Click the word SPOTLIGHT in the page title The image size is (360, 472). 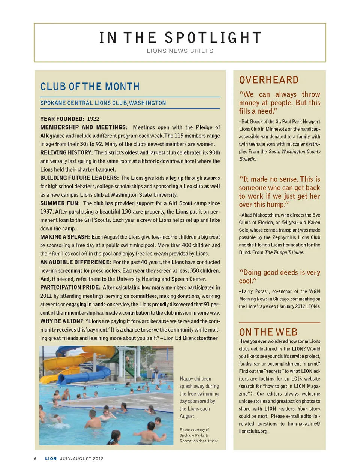[213, 38]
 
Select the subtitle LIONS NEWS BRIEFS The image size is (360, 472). [180, 51]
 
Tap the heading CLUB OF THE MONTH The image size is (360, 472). [90, 87]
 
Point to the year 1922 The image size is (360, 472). [93, 119]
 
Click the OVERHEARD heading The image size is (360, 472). [269, 80]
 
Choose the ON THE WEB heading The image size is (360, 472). [268, 332]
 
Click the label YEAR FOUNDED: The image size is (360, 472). [62, 119]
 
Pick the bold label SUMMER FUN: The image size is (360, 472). [60, 203]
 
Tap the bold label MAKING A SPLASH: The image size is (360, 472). [65, 237]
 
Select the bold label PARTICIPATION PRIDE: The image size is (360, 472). [70, 287]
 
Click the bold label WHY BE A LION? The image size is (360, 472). [61, 321]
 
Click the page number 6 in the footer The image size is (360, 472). [35, 459]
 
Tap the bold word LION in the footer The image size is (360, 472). [51, 459]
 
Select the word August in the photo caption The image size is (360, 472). [187, 416]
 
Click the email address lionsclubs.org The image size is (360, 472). [254, 431]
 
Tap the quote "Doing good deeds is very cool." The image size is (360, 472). [279, 276]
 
